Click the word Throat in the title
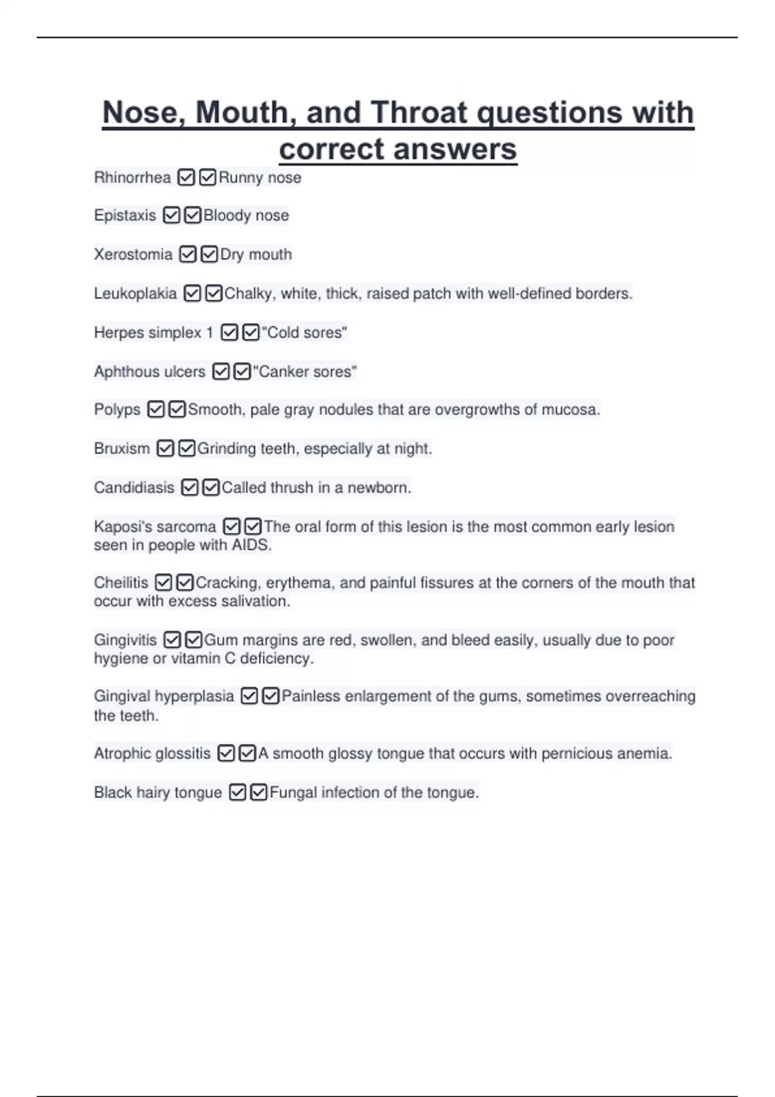pyautogui.click(x=419, y=113)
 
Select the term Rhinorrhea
pyautogui.click(x=132, y=177)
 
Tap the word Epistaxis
pyautogui.click(x=125, y=216)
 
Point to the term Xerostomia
pyautogui.click(x=133, y=254)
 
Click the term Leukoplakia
pyautogui.click(x=135, y=294)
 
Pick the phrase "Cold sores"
pyautogui.click(x=304, y=333)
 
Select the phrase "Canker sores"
pyautogui.click(x=305, y=372)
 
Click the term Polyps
pyautogui.click(x=117, y=410)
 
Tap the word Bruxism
pyautogui.click(x=121, y=448)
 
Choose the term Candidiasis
pyautogui.click(x=134, y=488)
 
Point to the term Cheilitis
pyautogui.click(x=121, y=583)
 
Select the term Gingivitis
pyautogui.click(x=125, y=640)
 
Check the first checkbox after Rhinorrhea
pyautogui.click(x=186, y=177)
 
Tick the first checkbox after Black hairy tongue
pyautogui.click(x=238, y=792)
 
